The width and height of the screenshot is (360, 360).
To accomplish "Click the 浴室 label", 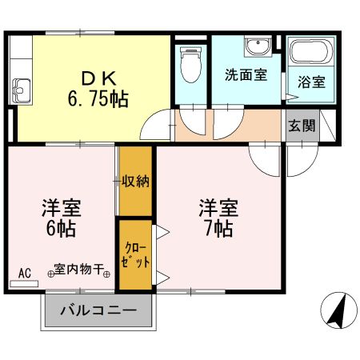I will tap(310, 81).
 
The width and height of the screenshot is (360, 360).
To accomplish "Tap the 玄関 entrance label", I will tap(302, 126).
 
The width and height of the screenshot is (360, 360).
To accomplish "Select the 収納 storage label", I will tap(136, 181).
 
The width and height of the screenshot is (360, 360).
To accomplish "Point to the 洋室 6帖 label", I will tap(61, 218).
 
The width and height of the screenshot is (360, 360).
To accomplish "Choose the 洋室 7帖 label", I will tap(218, 218).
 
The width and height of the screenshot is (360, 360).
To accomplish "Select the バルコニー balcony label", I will tap(98, 310).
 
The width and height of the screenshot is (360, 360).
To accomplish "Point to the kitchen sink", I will tap(20, 86).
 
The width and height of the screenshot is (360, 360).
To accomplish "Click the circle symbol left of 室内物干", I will tap(50, 273).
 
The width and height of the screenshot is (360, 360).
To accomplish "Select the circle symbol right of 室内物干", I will tap(106, 273).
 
